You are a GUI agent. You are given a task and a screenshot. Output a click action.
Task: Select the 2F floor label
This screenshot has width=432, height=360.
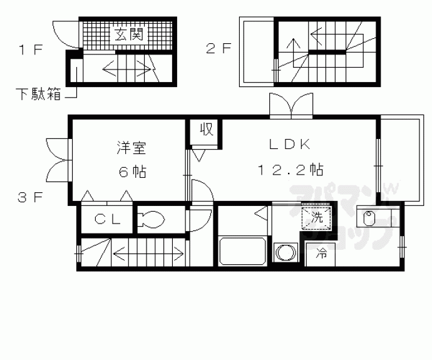(x=220, y=48)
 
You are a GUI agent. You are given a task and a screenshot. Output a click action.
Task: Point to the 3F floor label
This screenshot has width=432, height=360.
(x=29, y=198)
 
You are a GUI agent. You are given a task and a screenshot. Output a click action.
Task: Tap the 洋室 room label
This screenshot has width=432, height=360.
(x=131, y=148)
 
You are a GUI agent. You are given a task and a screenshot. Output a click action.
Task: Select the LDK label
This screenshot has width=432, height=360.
(x=290, y=144)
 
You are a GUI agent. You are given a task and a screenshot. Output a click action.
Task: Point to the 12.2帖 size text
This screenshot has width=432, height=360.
(x=290, y=169)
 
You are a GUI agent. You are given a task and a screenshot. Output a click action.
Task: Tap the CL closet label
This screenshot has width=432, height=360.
(x=104, y=219)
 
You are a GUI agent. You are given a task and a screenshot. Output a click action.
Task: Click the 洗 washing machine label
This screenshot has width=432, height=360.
(x=317, y=219)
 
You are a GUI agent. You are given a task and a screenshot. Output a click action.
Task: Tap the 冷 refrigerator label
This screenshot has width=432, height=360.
(x=321, y=254)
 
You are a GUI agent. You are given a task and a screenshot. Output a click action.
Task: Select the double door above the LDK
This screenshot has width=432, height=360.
(x=291, y=104)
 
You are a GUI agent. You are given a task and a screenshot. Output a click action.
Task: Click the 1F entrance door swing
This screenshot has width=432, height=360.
(x=64, y=34)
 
